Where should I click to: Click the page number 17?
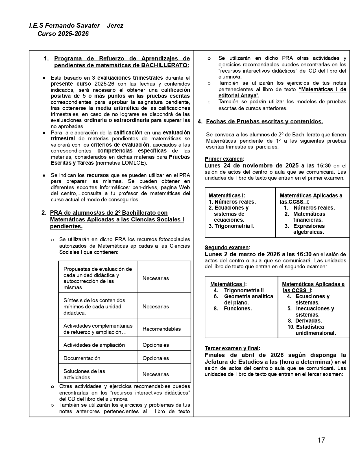pyautogui.click(x=321, y=440)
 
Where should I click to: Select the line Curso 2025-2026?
pyautogui.click(x=63, y=34)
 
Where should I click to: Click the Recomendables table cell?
pyautogui.click(x=162, y=329)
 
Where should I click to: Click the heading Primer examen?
pyautogui.click(x=224, y=159)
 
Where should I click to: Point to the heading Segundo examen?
pyautogui.click(x=227, y=247)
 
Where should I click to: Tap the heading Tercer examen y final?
pyautogui.click(x=232, y=348)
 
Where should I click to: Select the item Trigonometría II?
pyautogui.click(x=244, y=290)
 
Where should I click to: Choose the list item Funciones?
pyautogui.click(x=238, y=308)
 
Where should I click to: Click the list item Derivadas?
pyautogui.click(x=308, y=321)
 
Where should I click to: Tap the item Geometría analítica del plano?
pyautogui.click(x=248, y=299)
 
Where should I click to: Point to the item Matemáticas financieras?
pyautogui.click(x=309, y=217)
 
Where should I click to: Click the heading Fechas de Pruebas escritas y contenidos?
pyautogui.click(x=264, y=121)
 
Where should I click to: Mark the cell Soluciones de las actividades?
pyautogui.click(x=84, y=374)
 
